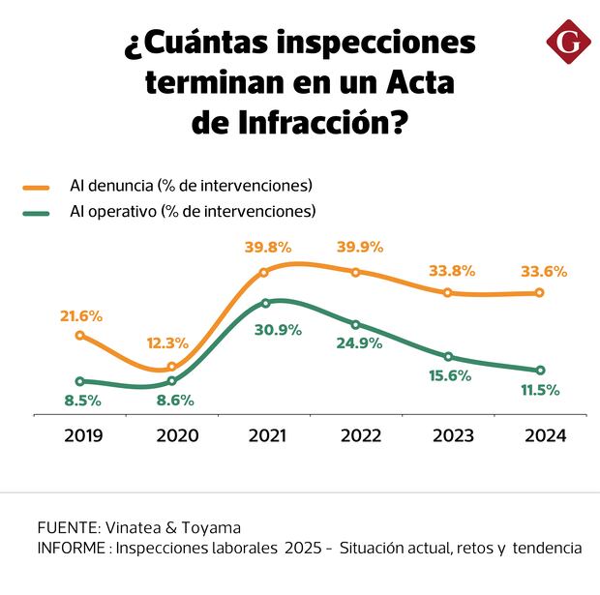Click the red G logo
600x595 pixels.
pyautogui.click(x=568, y=42)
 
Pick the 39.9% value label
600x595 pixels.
pyautogui.click(x=360, y=247)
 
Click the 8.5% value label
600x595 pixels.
pyautogui.click(x=81, y=399)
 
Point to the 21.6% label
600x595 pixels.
pyautogui.click(x=80, y=316)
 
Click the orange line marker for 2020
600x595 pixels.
pyautogui.click(x=172, y=367)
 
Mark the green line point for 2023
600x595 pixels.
pyautogui.click(x=448, y=357)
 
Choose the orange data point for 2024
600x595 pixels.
pyautogui.click(x=540, y=292)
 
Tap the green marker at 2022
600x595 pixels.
pyautogui.click(x=356, y=325)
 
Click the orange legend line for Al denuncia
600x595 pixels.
pyautogui.click(x=37, y=185)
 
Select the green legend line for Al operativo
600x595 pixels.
pyautogui.click(x=37, y=210)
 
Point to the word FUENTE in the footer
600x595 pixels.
pyautogui.click(x=68, y=527)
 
